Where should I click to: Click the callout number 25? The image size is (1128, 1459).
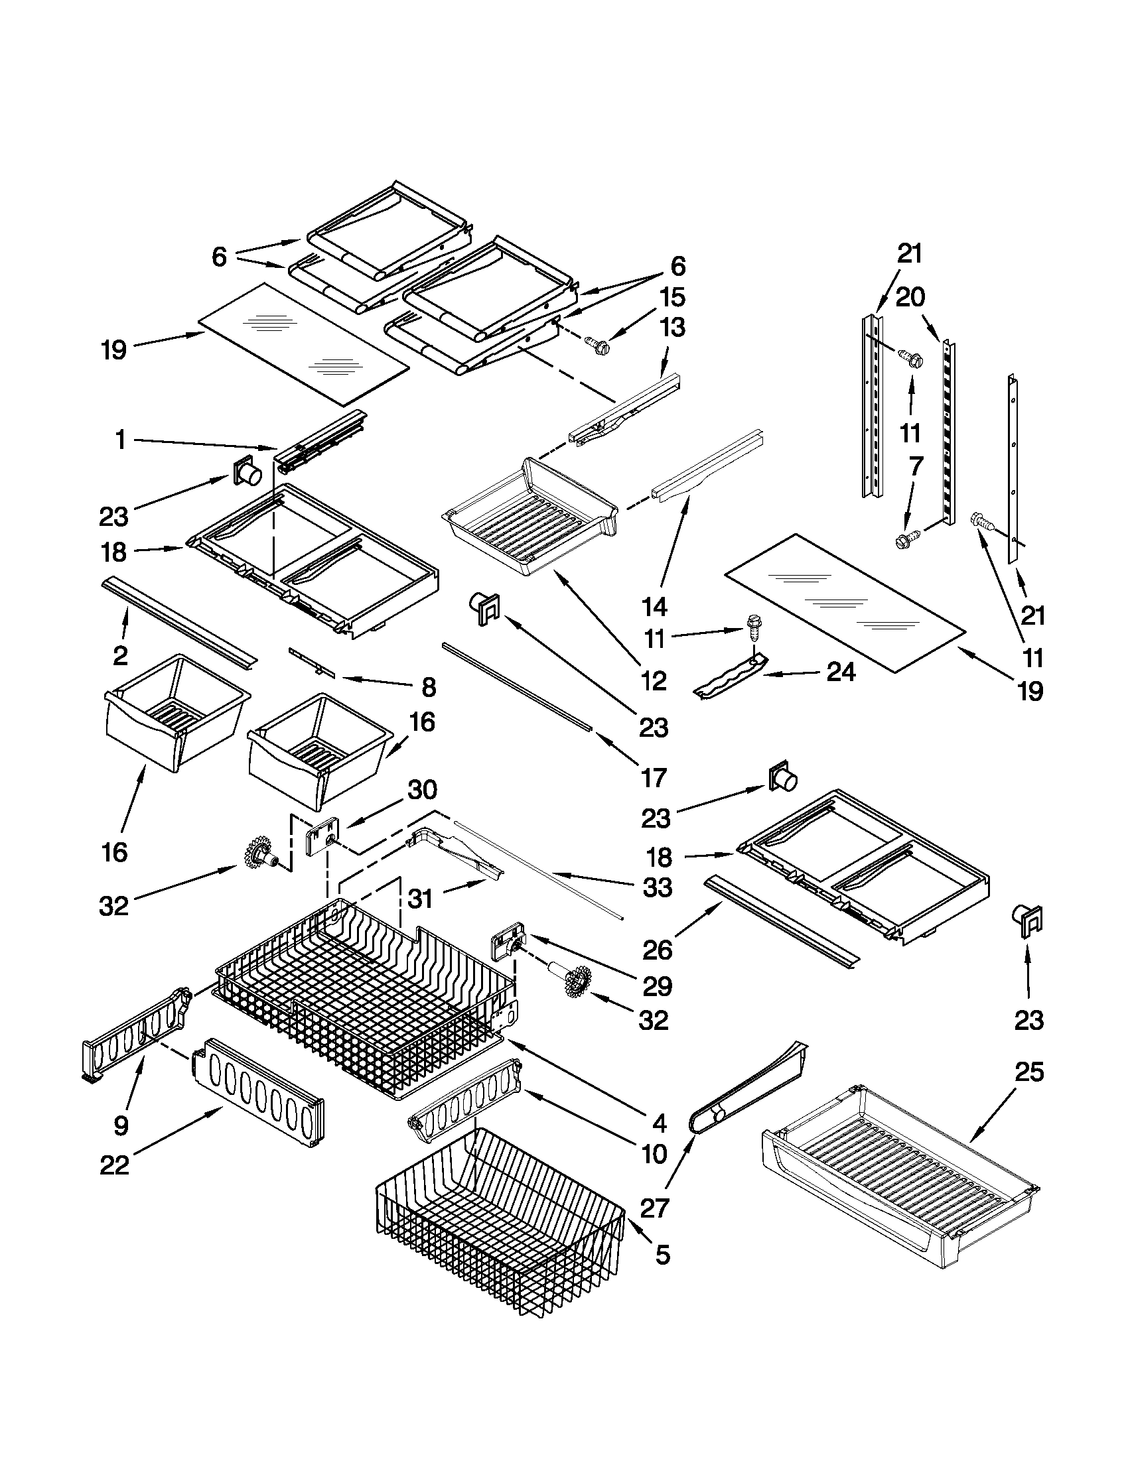click(1029, 1072)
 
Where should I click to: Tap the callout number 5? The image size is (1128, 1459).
click(662, 1255)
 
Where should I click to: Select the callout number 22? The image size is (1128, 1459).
click(114, 1166)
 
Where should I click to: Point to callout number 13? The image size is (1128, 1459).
click(672, 328)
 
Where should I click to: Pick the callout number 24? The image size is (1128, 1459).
click(841, 672)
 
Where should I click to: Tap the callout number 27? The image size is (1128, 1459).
click(654, 1208)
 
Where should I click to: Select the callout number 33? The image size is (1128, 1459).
click(657, 887)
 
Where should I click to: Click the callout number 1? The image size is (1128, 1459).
click(120, 441)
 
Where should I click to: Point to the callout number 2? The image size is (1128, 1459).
click(120, 656)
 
